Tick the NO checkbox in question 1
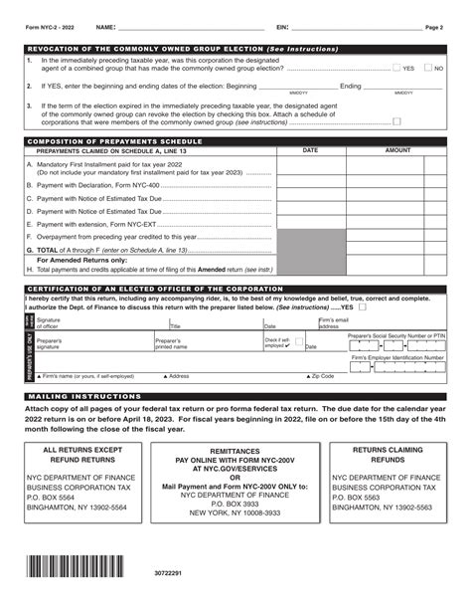428,68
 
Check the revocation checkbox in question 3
396,121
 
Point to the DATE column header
310,150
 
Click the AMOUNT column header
397,150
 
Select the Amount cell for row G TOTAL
397,251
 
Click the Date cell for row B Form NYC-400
310,184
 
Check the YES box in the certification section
362,307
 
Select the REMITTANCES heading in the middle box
235,422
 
